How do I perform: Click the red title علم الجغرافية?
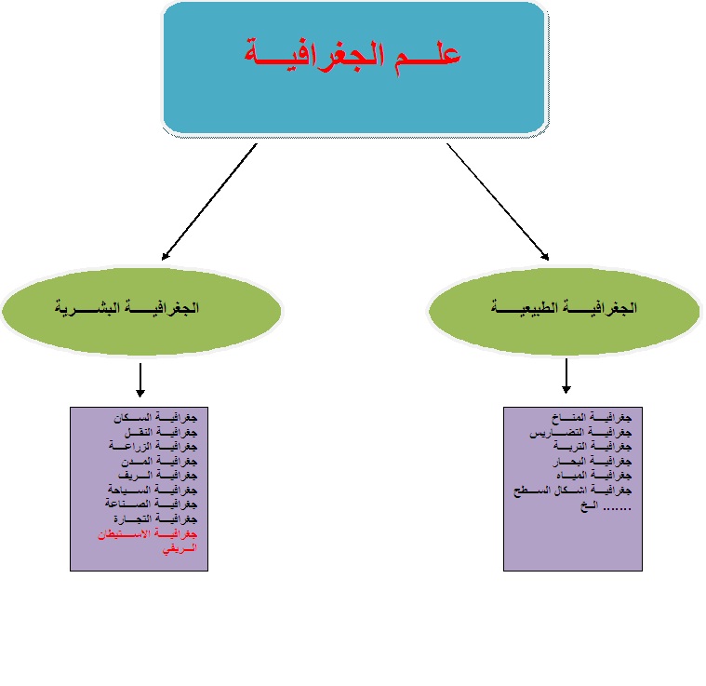353,54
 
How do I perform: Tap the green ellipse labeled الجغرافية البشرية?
140,307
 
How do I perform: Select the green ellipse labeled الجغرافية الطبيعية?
564,306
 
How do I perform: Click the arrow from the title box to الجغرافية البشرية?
208,201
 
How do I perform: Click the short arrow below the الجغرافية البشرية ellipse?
140,379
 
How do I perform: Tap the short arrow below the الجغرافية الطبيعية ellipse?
566,376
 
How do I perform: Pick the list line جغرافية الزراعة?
157,447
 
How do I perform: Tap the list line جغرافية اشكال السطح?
573,489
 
